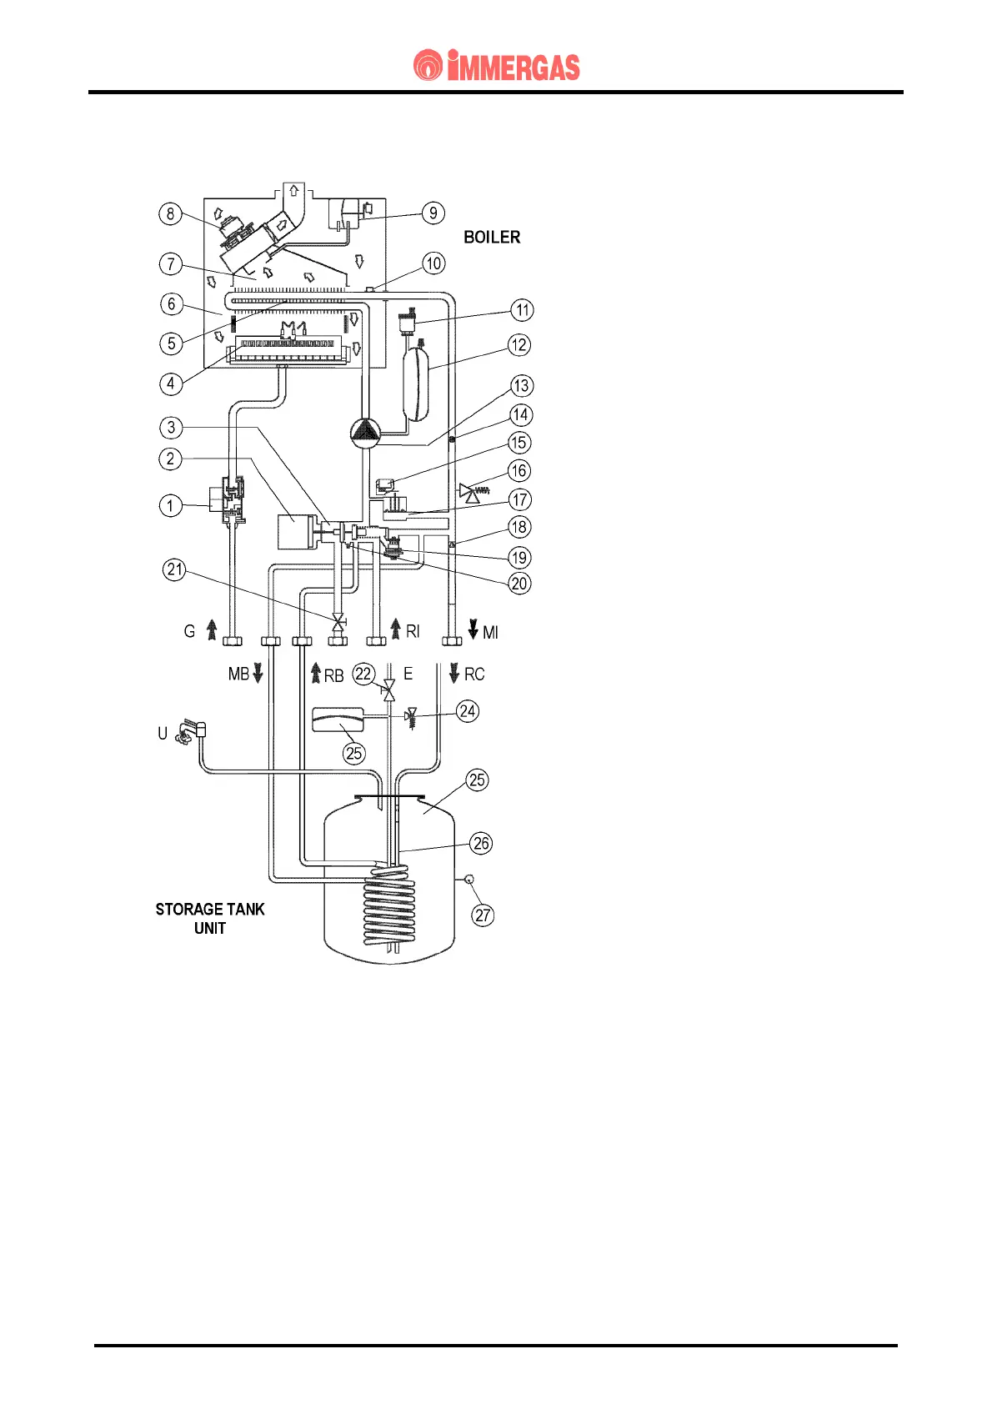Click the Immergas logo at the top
coord(496,66)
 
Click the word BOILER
coord(492,238)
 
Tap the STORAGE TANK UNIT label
coord(210,919)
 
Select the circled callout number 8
coord(171,213)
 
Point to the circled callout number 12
coord(519,344)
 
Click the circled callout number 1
coord(171,505)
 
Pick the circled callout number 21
coord(174,570)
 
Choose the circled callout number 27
coord(483,915)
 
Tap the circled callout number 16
coord(519,470)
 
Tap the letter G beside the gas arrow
coord(189,631)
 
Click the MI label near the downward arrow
coord(490,633)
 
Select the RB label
coord(333,675)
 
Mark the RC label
coord(474,674)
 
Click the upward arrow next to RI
coord(396,628)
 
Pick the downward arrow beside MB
coord(258,673)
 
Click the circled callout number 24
coord(468,711)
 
